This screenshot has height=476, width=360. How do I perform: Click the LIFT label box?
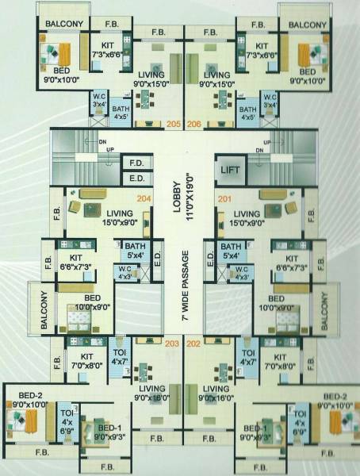229,169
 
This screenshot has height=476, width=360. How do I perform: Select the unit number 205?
174,124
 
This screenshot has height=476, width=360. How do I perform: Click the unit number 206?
194,124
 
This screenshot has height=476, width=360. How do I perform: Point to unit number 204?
144,198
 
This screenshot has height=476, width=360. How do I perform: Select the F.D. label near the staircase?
136,163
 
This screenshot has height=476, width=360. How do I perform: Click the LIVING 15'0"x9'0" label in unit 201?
247,218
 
